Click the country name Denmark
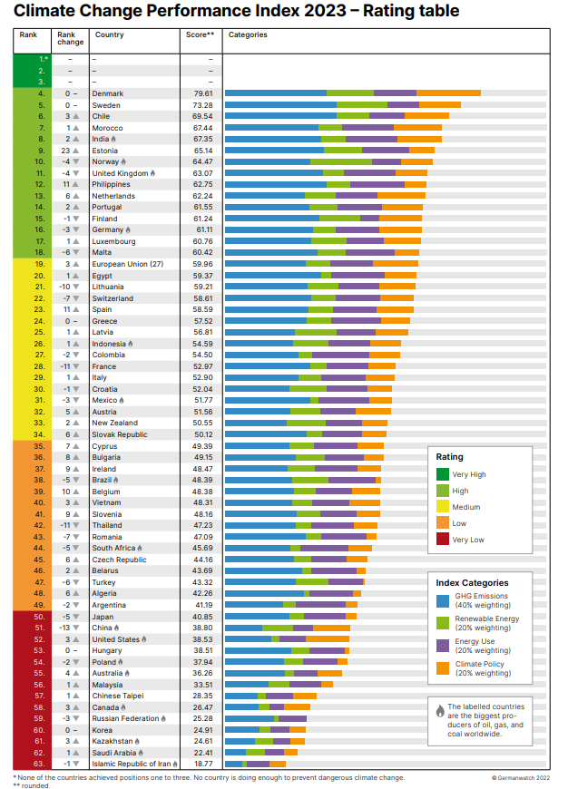point(108,93)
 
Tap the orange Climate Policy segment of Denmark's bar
point(448,93)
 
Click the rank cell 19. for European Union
point(41,264)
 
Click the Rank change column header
point(71,39)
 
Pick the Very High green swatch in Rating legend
point(442,473)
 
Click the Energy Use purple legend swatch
point(442,646)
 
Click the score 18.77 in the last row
point(202,764)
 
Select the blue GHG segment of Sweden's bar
point(280,105)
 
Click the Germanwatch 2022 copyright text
point(521,777)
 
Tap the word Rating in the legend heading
point(450,457)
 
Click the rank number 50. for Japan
point(41,616)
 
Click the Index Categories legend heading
point(472,583)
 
